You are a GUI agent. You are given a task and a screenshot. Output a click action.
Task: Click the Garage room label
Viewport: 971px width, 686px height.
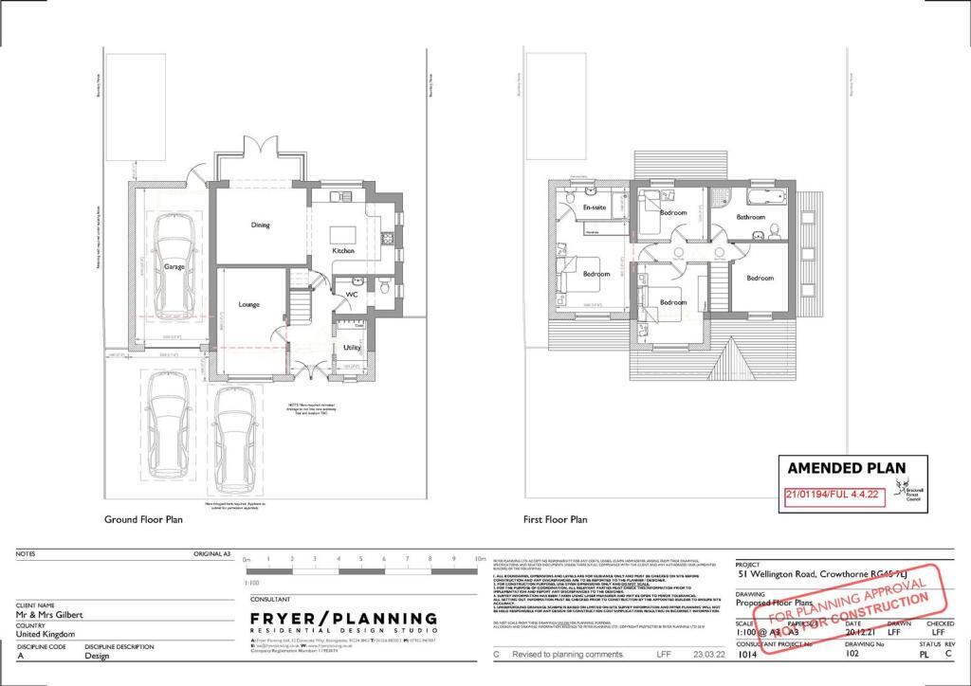174,267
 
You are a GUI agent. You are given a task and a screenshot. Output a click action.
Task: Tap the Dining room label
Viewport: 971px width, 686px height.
260,226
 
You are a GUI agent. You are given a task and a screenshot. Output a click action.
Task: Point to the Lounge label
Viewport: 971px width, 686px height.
249,304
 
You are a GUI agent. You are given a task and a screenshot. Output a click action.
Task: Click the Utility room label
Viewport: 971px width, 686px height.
352,348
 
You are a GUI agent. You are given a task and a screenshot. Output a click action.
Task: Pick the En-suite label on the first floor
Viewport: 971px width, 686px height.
595,207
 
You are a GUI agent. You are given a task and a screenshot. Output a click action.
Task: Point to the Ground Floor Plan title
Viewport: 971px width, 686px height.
142,519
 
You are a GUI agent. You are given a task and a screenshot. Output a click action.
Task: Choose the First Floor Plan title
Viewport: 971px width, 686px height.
556,519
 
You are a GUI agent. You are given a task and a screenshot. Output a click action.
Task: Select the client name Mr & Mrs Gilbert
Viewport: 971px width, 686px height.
49,614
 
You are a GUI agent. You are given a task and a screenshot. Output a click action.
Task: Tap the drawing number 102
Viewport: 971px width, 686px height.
852,654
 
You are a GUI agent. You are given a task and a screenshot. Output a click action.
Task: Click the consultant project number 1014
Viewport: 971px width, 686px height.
748,654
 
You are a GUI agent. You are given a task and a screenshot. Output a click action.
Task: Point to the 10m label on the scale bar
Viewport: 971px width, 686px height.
477,560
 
